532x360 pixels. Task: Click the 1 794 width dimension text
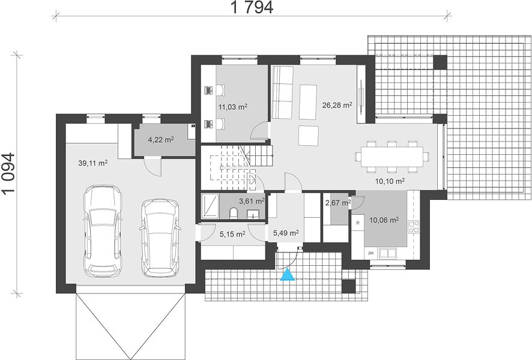point(252,7)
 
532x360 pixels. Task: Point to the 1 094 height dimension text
point(8,173)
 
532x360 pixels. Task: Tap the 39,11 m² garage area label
point(93,163)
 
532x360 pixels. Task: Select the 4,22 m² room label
point(161,139)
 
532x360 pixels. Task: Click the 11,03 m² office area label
point(233,107)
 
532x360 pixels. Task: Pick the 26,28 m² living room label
point(337,105)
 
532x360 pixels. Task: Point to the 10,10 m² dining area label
point(390,181)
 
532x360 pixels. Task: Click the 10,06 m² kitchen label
point(384,220)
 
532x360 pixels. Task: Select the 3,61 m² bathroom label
point(252,202)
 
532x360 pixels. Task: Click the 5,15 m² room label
point(233,234)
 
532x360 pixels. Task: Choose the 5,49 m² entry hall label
point(286,233)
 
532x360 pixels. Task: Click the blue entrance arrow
point(288,275)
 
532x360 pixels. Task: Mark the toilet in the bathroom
point(234,214)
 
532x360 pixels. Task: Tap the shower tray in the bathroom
point(210,205)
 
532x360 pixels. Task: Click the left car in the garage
point(103,231)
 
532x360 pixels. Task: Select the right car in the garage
point(159,238)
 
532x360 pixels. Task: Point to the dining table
point(392,157)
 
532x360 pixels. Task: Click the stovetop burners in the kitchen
point(414,227)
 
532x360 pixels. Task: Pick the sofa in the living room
point(282,92)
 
